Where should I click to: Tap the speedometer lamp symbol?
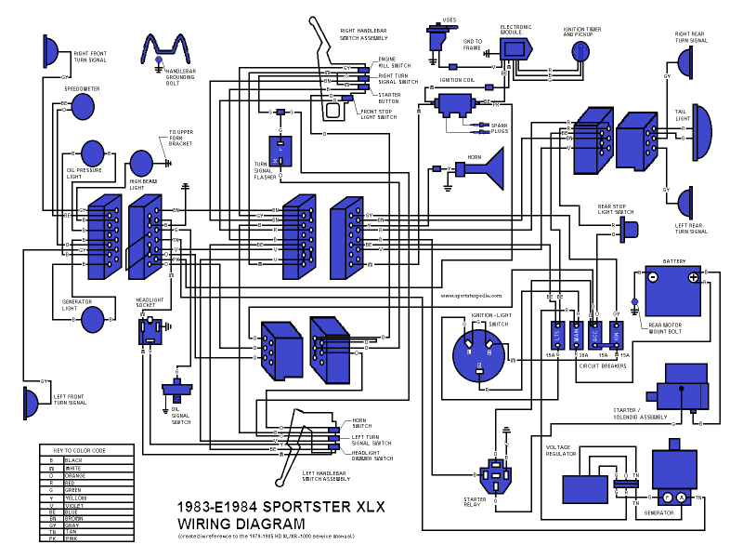click(x=83, y=105)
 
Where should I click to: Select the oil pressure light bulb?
click(x=93, y=153)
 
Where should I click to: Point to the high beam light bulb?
click(x=140, y=162)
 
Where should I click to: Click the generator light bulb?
click(x=93, y=319)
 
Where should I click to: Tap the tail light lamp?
click(x=699, y=126)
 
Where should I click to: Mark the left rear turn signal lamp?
click(x=685, y=202)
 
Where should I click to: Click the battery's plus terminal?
click(x=693, y=277)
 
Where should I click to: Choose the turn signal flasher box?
click(x=280, y=151)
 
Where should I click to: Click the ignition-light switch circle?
click(x=481, y=353)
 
